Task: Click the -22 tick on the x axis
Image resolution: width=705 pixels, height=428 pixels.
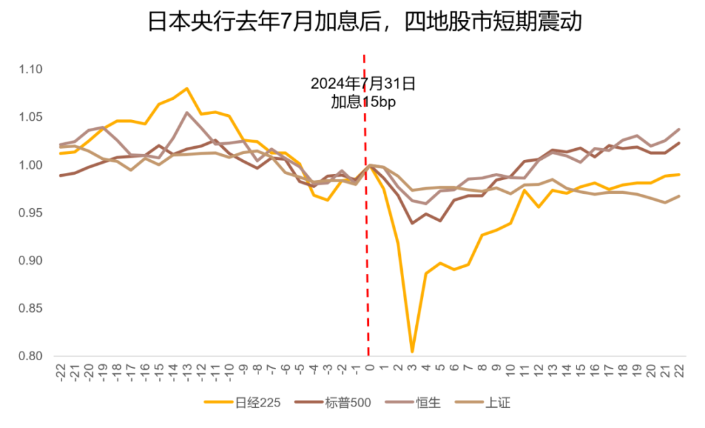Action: tap(61, 373)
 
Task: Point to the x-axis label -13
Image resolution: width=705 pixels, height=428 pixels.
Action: tap(187, 373)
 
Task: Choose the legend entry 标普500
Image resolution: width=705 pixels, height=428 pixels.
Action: tap(348, 403)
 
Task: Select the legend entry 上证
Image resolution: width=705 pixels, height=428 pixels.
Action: tap(498, 403)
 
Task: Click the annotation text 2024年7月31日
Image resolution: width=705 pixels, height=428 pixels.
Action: tap(362, 84)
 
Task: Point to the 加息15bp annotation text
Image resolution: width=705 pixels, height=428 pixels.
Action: tap(363, 102)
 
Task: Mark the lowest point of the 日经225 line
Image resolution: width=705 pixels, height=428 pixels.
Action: tap(412, 352)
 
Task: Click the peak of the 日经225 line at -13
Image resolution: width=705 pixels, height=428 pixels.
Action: tap(187, 89)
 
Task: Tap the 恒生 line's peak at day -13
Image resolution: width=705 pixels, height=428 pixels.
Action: tap(187, 112)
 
